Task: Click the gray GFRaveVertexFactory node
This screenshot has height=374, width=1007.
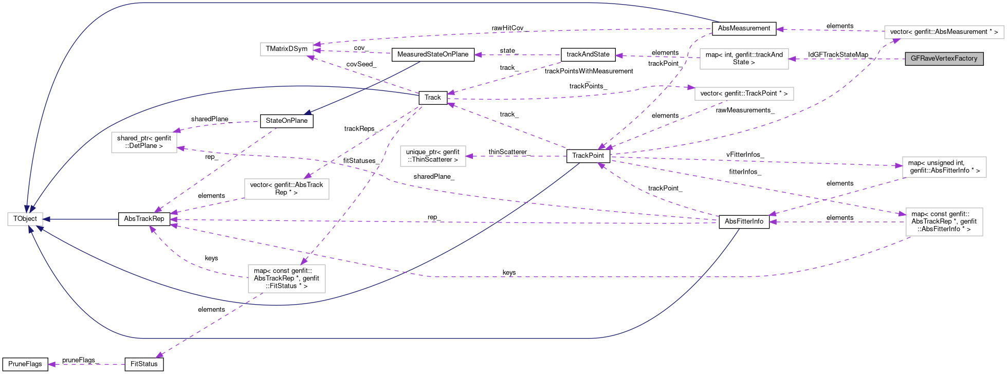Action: tap(944, 59)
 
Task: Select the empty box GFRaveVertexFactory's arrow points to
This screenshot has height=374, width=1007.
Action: tap(744, 59)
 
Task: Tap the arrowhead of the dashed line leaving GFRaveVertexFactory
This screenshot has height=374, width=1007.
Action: tap(792, 59)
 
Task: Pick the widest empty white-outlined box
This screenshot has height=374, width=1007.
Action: tap(944, 32)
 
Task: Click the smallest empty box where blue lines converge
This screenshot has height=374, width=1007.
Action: tap(25, 219)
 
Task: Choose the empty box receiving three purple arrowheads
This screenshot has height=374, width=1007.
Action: tap(286, 49)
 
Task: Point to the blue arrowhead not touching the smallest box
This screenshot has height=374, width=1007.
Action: tap(307, 113)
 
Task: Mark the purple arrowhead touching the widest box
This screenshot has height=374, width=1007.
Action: tap(895, 41)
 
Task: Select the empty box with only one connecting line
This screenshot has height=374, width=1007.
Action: tap(433, 156)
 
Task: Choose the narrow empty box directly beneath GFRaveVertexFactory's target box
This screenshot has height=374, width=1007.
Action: tap(744, 93)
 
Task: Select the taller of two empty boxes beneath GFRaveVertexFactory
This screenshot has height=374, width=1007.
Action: tap(944, 222)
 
